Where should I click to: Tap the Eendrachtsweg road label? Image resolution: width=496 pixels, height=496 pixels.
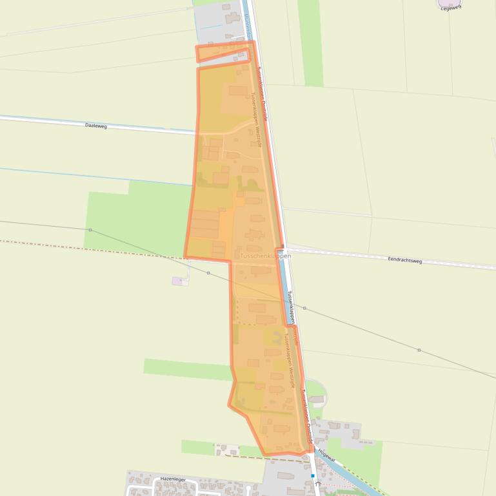click(404, 261)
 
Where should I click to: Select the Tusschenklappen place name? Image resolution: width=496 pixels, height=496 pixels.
click(265, 256)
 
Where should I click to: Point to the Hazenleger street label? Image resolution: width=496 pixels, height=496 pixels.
click(173, 479)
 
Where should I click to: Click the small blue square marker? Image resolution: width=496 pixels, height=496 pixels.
click(313, 476)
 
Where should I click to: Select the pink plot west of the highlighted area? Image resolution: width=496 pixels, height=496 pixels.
click(177, 281)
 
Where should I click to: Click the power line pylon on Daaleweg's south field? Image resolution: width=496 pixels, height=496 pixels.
click(90, 230)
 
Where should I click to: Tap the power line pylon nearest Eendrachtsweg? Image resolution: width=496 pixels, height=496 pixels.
click(304, 309)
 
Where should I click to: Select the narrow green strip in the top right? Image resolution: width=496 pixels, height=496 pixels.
click(312, 42)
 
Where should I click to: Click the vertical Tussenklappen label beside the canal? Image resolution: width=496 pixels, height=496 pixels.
click(290, 306)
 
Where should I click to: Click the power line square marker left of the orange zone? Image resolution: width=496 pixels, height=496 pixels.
click(208, 273)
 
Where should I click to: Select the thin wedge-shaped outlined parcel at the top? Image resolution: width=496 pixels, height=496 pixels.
click(223, 53)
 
